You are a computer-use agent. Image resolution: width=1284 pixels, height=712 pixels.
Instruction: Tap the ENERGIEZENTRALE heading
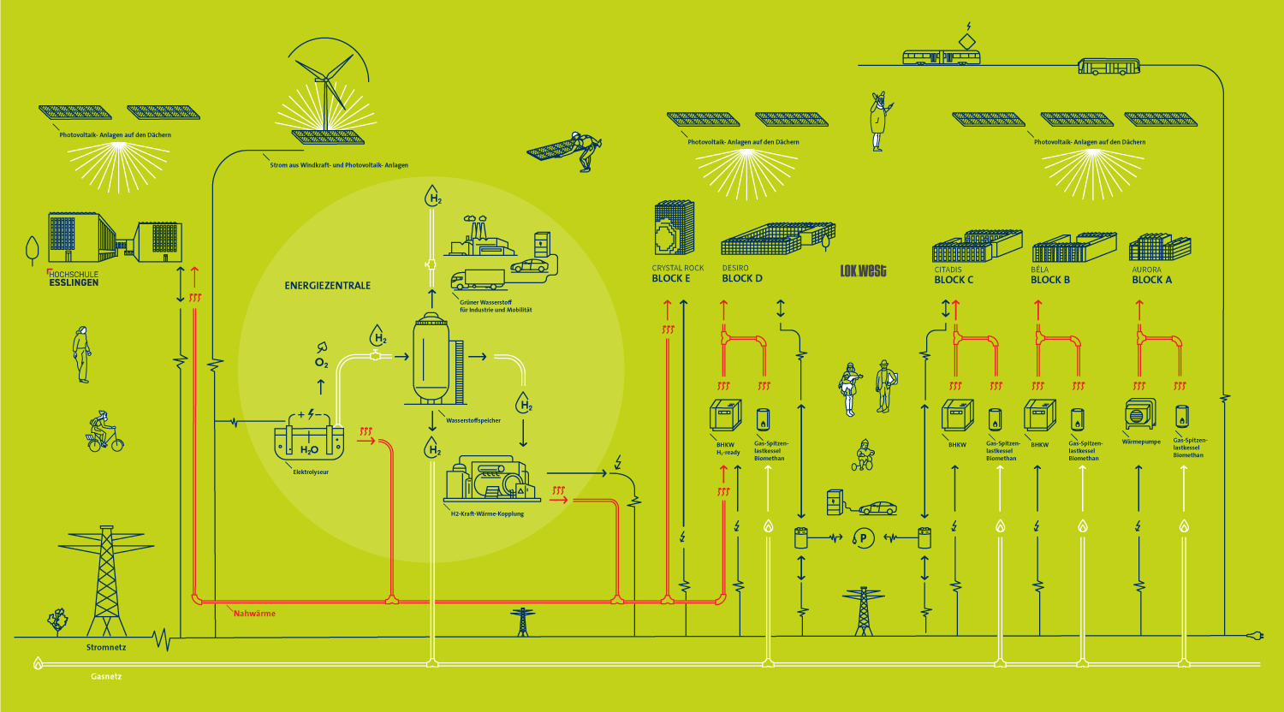tap(328, 286)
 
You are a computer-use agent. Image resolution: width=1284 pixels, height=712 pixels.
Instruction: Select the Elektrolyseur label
tap(311, 472)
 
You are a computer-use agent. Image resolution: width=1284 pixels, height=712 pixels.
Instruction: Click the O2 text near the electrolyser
tap(321, 364)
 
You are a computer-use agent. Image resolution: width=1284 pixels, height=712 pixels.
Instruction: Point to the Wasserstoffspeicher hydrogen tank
tap(432, 359)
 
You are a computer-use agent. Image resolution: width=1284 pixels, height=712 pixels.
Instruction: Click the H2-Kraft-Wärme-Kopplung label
tap(487, 513)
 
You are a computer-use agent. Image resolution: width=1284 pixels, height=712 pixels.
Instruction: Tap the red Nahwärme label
tap(255, 614)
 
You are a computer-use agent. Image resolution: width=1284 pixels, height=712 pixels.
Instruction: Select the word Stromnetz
tap(106, 648)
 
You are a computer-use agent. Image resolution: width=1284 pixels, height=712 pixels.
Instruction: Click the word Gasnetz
tap(106, 677)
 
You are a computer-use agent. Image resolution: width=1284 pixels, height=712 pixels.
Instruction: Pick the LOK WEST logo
tap(863, 271)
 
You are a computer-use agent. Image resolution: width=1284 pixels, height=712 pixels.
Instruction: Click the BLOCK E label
tap(671, 279)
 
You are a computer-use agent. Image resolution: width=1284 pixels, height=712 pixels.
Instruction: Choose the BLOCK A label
tap(1152, 280)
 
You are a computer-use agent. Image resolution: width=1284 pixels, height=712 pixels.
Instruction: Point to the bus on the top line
tap(1109, 66)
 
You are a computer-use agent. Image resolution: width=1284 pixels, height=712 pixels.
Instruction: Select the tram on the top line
tap(942, 57)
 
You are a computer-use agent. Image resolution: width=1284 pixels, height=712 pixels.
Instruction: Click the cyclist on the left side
tap(104, 431)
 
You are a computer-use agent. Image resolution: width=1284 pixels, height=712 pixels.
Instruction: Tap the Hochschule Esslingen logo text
tap(74, 279)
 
